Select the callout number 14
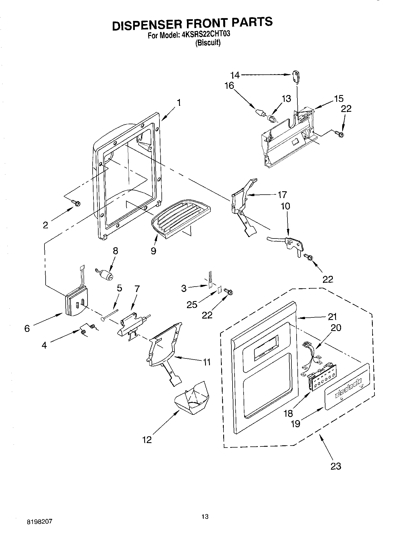tap(235, 75)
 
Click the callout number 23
tap(336, 466)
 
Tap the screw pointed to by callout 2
tap(76, 203)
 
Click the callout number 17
tap(282, 195)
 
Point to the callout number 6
tap(27, 328)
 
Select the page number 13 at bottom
tap(205, 517)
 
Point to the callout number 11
tap(206, 362)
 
